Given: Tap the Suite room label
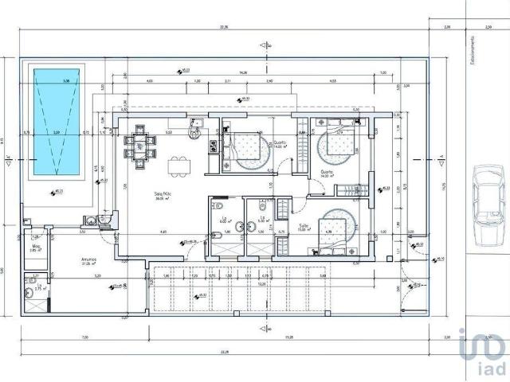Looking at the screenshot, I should pos(304,225).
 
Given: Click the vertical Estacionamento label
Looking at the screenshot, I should pos(473,49).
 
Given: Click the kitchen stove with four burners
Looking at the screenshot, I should pos(213,145).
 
